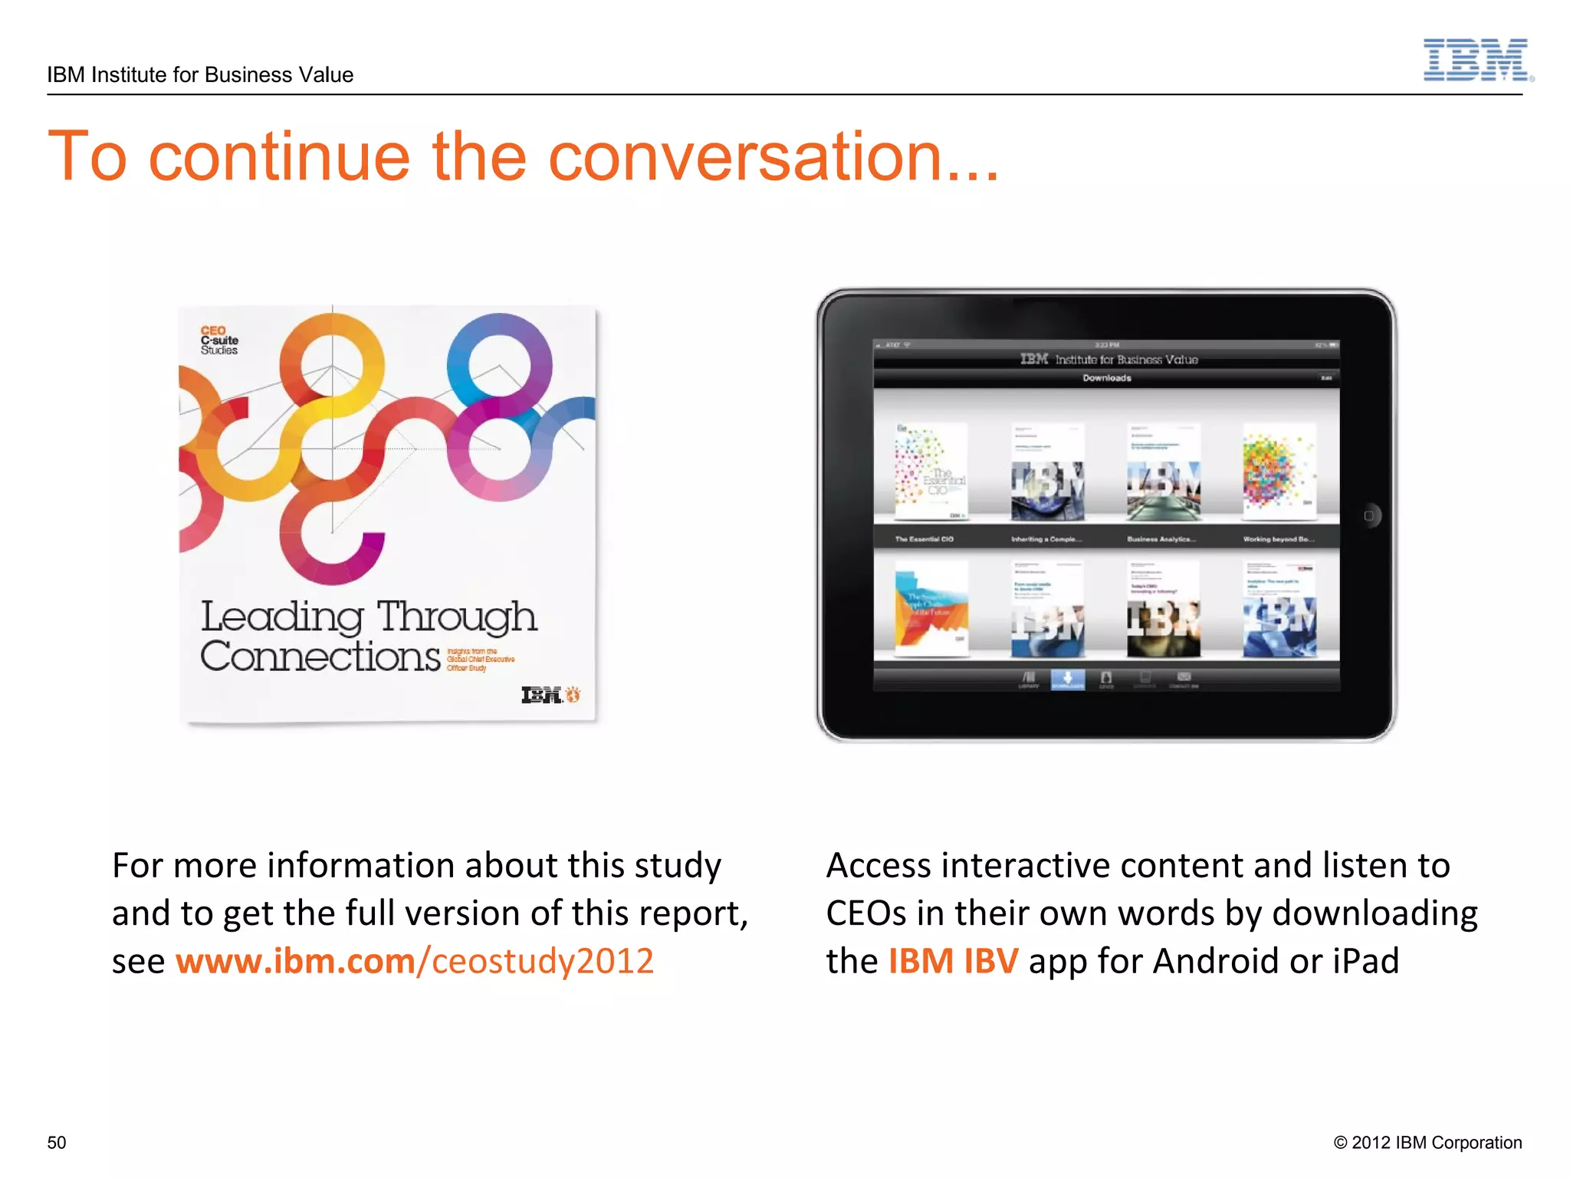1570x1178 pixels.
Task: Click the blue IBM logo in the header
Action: (x=1476, y=60)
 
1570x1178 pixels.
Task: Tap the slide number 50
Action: (x=57, y=1142)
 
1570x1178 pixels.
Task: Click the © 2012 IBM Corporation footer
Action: (x=1427, y=1142)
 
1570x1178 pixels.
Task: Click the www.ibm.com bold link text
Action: (x=295, y=961)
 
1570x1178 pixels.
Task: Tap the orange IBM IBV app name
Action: (x=953, y=961)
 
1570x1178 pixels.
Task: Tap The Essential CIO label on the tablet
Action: (x=924, y=539)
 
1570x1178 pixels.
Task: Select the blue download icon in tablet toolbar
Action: (x=1067, y=679)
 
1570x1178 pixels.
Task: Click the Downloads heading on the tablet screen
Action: (x=1106, y=378)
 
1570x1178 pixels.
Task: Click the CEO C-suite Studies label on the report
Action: (x=219, y=341)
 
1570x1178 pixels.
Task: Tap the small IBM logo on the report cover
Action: (x=542, y=695)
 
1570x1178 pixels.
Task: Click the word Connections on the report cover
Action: (x=320, y=656)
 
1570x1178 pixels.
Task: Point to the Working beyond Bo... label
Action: (x=1278, y=539)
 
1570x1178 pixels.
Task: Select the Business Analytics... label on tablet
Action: (x=1161, y=539)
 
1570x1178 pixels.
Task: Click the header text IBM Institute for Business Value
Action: (x=200, y=75)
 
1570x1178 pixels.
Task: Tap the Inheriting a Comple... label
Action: (x=1046, y=539)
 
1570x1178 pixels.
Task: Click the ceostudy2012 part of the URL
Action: (x=542, y=961)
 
